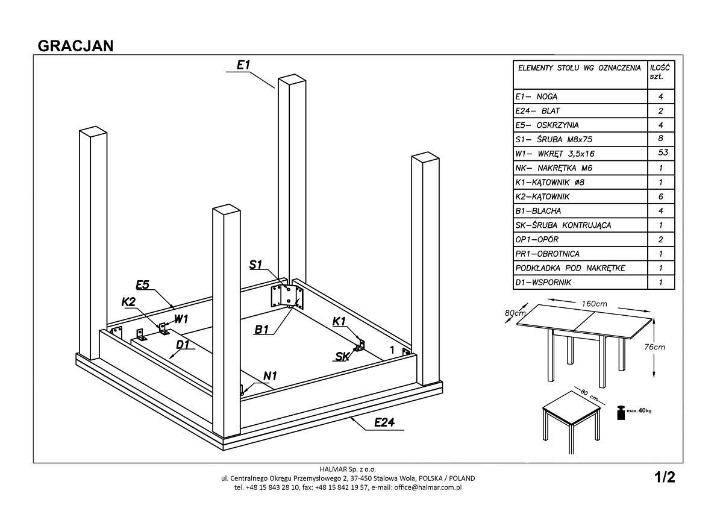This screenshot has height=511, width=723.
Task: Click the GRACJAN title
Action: (x=76, y=46)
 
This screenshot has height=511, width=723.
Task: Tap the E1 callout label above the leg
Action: (x=243, y=65)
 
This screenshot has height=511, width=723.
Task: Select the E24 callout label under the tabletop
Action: (x=384, y=422)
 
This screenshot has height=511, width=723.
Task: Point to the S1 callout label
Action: (x=256, y=265)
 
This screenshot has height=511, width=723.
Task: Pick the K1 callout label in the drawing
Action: (x=339, y=322)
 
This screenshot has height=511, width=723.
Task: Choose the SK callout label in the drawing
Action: (x=342, y=356)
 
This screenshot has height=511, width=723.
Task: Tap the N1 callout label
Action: (x=270, y=376)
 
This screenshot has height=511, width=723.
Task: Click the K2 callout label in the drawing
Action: (x=128, y=302)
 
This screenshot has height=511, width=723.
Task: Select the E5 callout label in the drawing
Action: (x=142, y=284)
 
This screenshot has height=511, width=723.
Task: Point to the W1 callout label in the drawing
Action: (x=181, y=318)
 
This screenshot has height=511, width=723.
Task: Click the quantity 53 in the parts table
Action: (x=661, y=153)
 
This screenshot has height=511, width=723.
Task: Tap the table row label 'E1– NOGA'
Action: (x=536, y=96)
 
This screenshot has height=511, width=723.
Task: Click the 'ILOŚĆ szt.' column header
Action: (x=661, y=72)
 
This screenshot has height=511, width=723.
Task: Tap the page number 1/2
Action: (x=665, y=477)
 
